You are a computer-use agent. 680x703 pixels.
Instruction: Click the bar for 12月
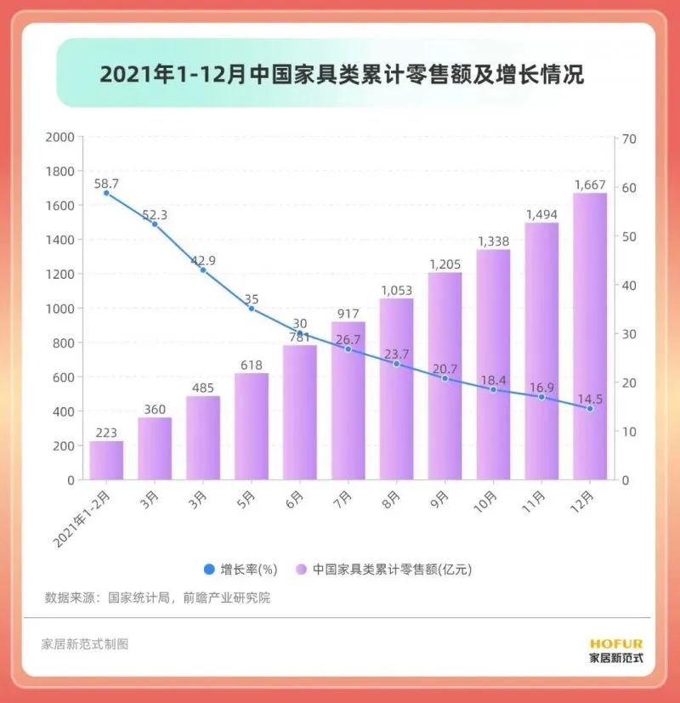click(590, 337)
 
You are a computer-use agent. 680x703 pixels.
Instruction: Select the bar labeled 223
click(106, 460)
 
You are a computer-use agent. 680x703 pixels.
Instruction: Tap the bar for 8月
click(396, 389)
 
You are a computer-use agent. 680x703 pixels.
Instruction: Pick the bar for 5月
click(251, 426)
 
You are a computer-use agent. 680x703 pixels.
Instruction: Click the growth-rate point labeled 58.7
click(106, 193)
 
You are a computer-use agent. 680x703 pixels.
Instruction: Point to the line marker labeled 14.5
click(590, 409)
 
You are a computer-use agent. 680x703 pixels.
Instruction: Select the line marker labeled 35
click(251, 309)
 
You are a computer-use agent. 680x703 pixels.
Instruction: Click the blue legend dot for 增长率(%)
click(207, 568)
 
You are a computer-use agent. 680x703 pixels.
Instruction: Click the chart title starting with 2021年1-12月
click(342, 75)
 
